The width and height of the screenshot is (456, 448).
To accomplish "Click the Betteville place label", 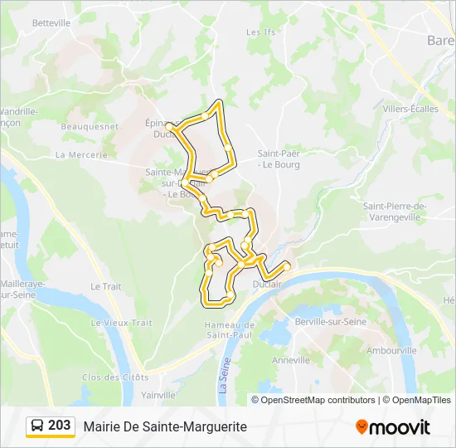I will (x=51, y=23).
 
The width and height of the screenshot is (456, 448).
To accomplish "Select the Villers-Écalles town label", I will (x=410, y=109).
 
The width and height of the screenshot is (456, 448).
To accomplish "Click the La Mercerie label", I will (x=81, y=155).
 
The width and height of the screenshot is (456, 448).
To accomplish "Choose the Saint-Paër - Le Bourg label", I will (x=278, y=158).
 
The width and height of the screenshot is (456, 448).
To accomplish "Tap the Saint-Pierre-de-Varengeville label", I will (x=394, y=212).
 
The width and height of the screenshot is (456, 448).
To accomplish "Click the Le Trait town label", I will (x=105, y=286).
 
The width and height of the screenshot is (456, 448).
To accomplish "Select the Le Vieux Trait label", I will (x=122, y=323).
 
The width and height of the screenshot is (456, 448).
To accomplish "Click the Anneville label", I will (x=290, y=360).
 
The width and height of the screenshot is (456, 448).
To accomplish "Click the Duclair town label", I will (x=269, y=282).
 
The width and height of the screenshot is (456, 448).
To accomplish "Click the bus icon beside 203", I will (x=37, y=426).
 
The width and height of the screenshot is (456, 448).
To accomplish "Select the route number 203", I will (x=60, y=426).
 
